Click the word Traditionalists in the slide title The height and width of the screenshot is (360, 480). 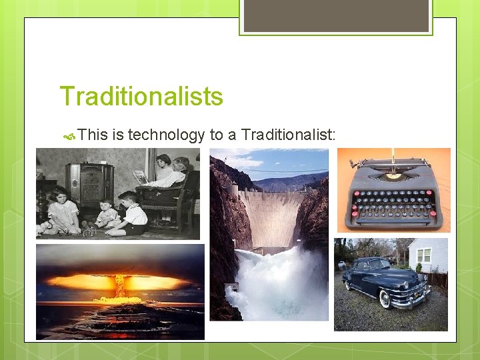click(141, 97)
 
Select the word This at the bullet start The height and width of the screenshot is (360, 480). click(93, 135)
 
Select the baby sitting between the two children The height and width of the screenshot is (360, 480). click(106, 217)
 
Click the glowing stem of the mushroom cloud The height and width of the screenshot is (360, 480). click(120, 287)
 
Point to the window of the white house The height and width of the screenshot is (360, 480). click(424, 255)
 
